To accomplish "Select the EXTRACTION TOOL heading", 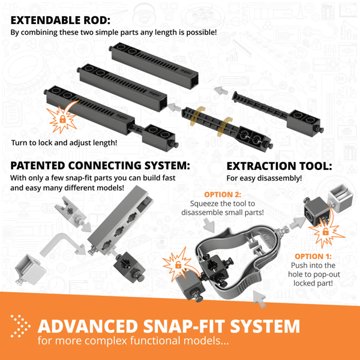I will point(278,165).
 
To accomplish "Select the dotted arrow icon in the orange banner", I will point(20,326).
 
